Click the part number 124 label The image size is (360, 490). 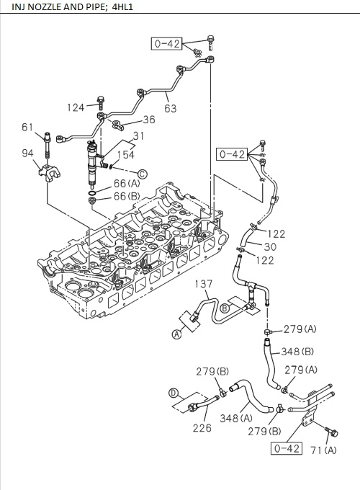click(76, 107)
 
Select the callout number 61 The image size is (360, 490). click(27, 128)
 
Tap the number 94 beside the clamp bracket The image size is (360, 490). click(27, 153)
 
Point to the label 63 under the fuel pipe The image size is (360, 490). click(170, 109)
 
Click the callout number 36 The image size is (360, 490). click(148, 120)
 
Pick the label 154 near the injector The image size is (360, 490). click(127, 155)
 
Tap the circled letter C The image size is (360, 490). click(143, 174)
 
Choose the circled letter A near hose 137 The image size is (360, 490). click(176, 333)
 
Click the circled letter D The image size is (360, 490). click(172, 393)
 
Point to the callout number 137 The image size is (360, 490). click(204, 285)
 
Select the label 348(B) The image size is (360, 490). click(297, 352)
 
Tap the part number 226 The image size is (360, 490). click(202, 429)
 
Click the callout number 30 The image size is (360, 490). click(270, 246)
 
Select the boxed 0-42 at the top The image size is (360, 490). click(166, 44)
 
